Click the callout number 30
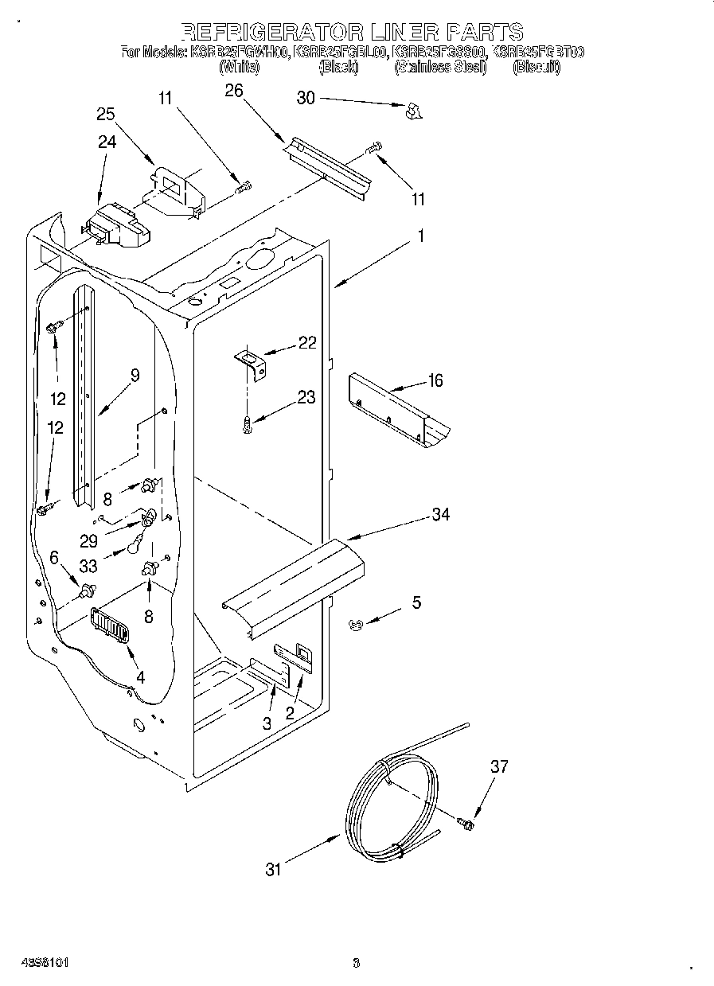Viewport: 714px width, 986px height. [306, 98]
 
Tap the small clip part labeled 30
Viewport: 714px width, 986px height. [413, 111]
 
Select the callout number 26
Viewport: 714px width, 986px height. [233, 91]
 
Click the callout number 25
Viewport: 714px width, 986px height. [106, 115]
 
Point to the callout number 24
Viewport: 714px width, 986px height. [107, 142]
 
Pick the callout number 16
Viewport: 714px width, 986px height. [435, 381]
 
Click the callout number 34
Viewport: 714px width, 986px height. [440, 515]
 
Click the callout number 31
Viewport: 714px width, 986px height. [273, 870]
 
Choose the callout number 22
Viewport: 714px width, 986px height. [307, 343]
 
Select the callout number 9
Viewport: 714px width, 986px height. [135, 376]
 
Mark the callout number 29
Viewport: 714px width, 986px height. [89, 541]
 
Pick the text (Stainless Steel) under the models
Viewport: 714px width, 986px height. [439, 68]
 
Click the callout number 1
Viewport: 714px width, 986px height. [420, 236]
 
